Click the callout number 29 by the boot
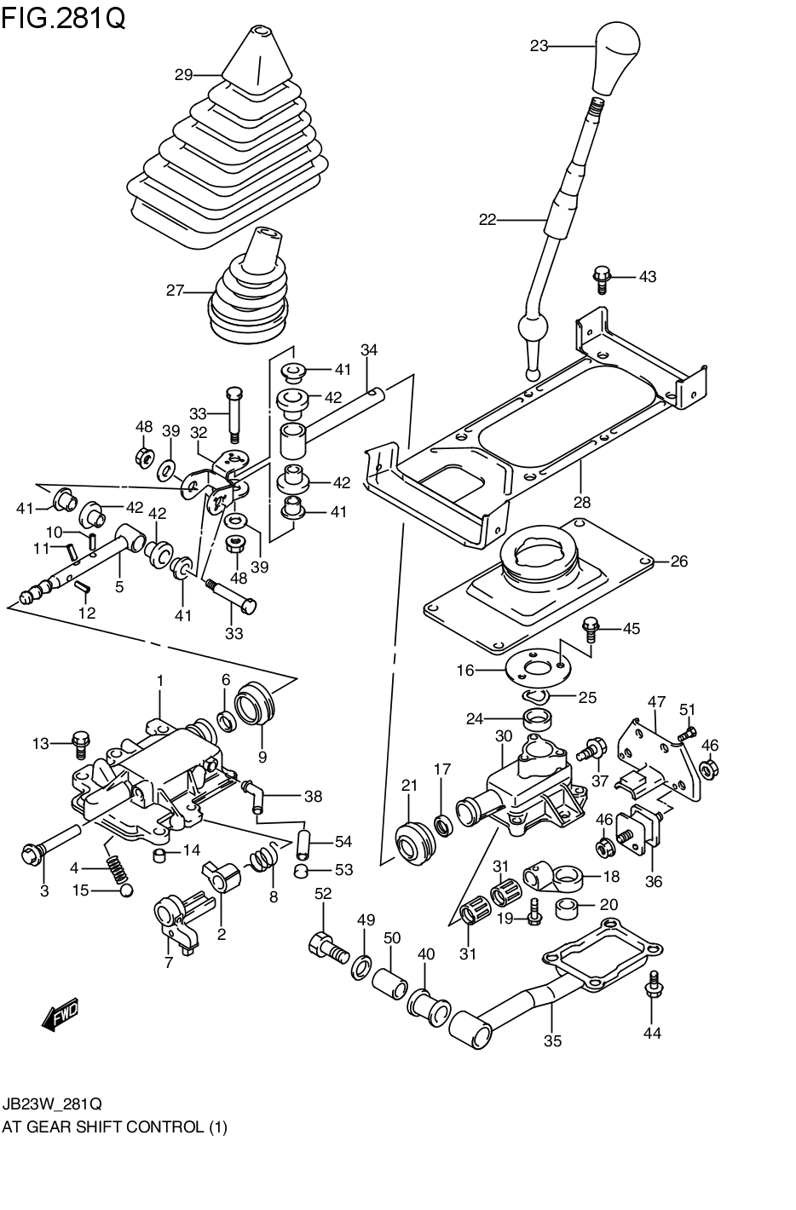pyautogui.click(x=184, y=75)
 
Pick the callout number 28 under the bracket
pyautogui.click(x=582, y=502)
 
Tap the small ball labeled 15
pyautogui.click(x=125, y=890)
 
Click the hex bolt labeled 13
pyautogui.click(x=80, y=743)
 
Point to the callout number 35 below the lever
pyautogui.click(x=552, y=1040)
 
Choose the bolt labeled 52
pyautogui.click(x=326, y=947)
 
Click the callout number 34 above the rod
pyautogui.click(x=368, y=349)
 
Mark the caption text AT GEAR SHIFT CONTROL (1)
pyautogui.click(x=114, y=1126)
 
